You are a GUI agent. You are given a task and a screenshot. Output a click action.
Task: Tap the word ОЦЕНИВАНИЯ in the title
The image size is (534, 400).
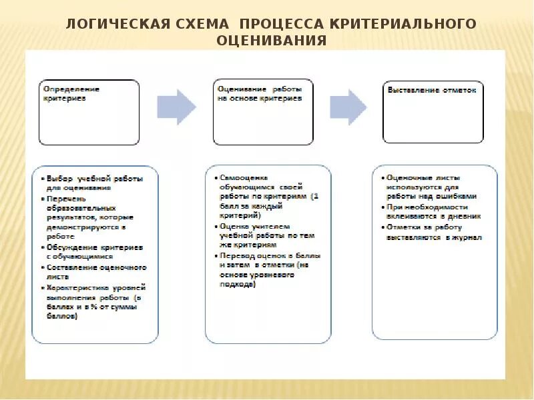click(271, 41)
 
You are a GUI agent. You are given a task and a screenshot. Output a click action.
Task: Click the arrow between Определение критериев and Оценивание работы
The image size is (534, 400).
click(177, 107)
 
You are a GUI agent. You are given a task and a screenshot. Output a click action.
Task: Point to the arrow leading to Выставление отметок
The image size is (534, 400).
click(348, 107)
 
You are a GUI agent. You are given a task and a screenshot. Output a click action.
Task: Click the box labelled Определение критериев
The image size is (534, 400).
click(89, 112)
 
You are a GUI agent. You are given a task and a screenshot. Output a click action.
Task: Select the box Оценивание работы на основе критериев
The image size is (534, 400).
click(263, 112)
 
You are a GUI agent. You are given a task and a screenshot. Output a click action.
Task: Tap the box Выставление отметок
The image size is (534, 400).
click(433, 112)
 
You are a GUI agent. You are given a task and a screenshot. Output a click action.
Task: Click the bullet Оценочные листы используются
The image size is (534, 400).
click(434, 187)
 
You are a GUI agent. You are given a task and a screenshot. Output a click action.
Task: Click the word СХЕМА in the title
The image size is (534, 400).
click(204, 25)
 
